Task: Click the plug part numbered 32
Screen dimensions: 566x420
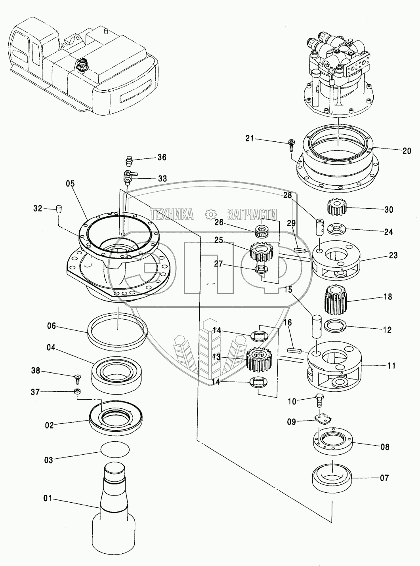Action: [x=59, y=208]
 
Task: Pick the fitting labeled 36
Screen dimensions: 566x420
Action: [x=128, y=162]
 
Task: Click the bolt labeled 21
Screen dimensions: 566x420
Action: [x=291, y=145]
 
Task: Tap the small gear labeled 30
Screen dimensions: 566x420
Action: [x=336, y=208]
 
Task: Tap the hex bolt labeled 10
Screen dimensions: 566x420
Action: [x=320, y=400]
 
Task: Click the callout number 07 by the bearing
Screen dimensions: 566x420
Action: [x=385, y=478]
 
